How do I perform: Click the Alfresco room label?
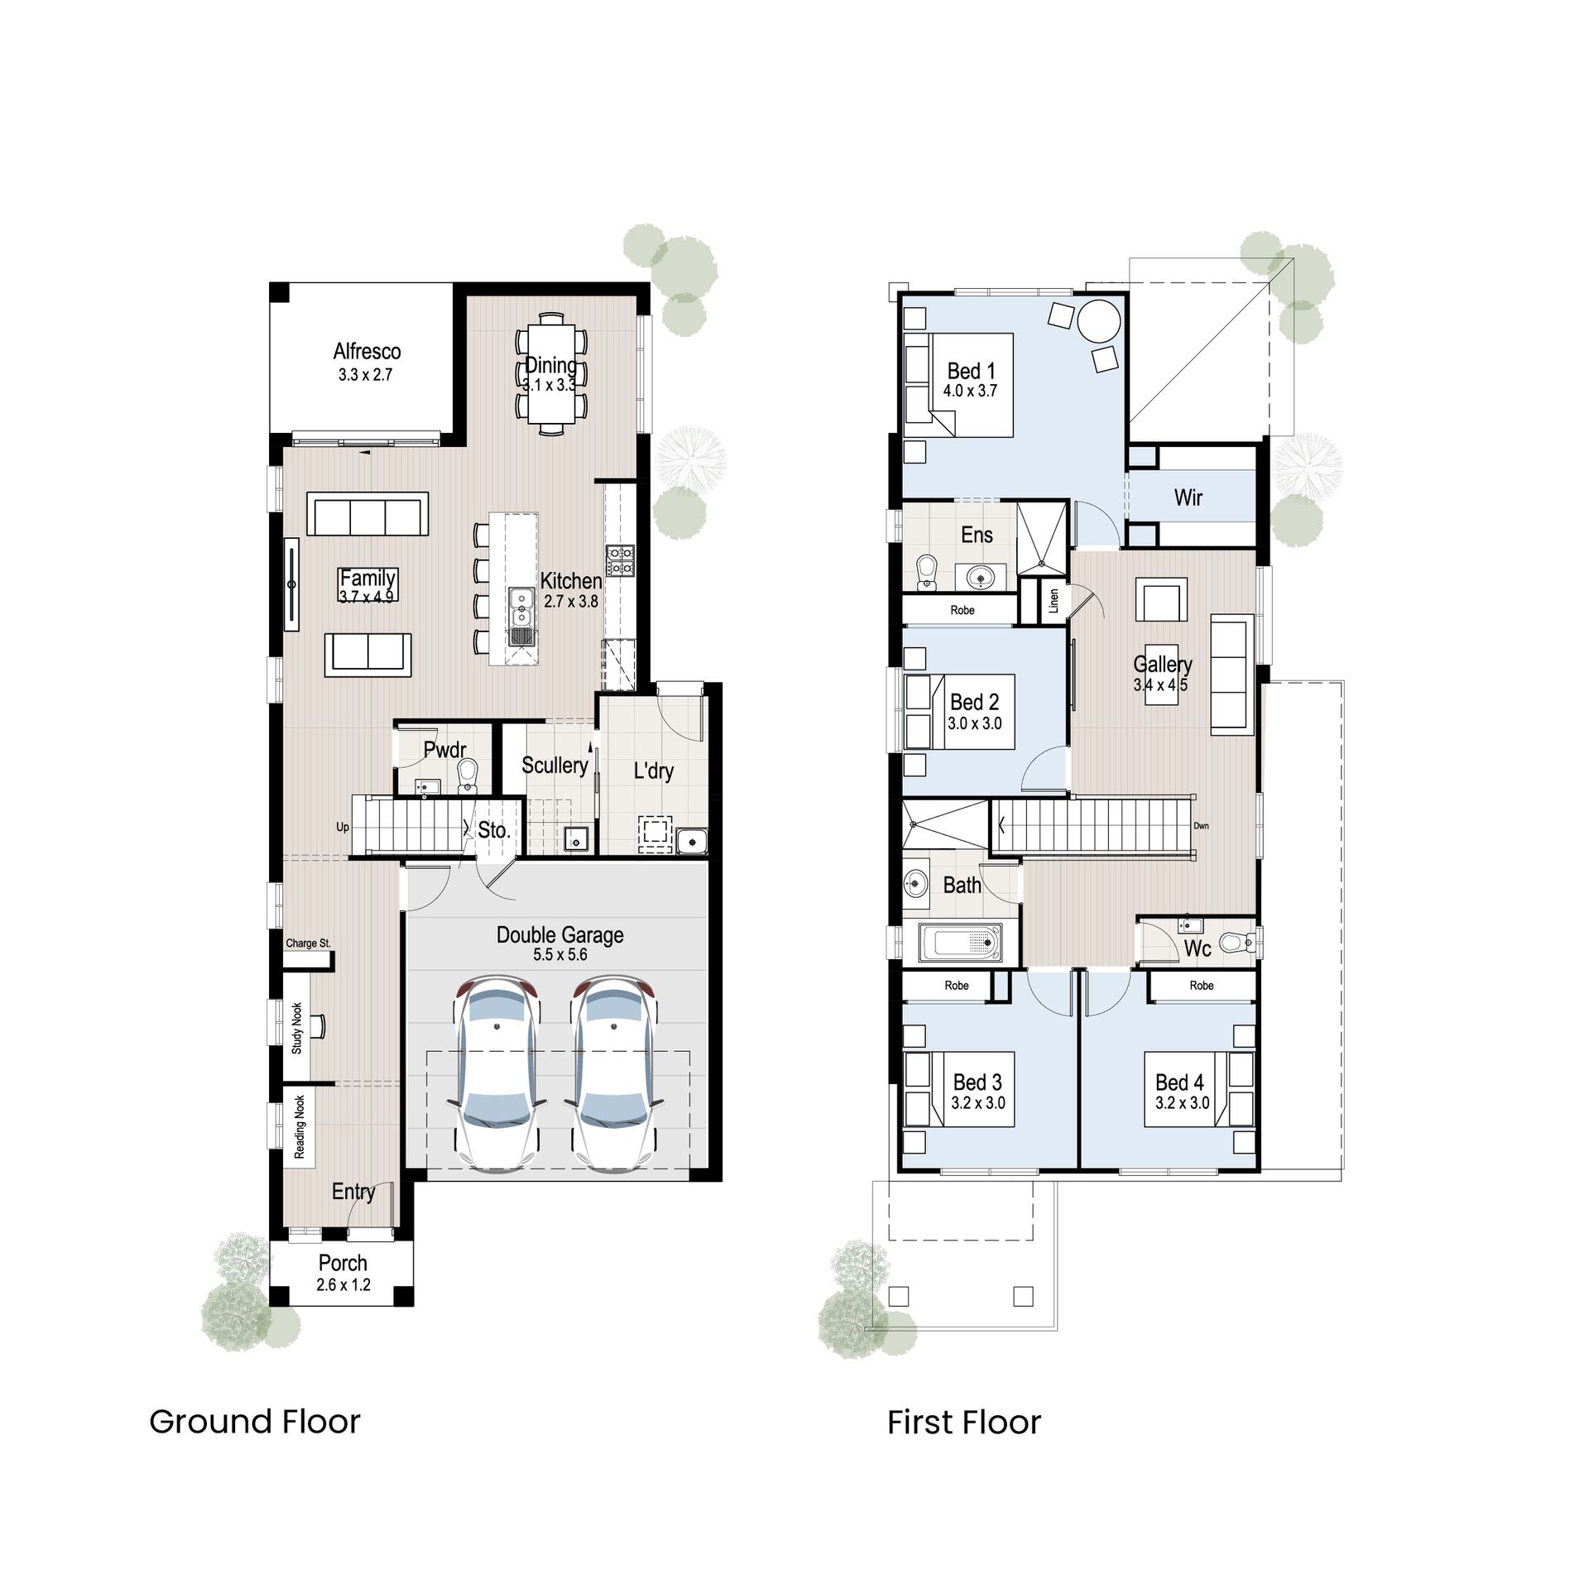[367, 351]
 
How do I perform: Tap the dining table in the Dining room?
[551, 373]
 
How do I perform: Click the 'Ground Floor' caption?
[254, 1422]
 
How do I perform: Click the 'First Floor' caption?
[963, 1423]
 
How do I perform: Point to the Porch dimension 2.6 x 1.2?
[343, 1285]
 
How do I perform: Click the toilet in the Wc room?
[1239, 942]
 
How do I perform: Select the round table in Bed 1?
[1099, 321]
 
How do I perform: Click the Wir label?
[1188, 497]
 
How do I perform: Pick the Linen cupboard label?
[1054, 600]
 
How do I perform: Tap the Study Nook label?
[297, 1028]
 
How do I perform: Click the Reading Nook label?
[300, 1127]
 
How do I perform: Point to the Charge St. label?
[308, 943]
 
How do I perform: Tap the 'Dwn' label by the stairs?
[1201, 826]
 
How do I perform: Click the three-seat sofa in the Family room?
[367, 516]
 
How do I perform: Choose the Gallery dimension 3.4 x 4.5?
[1160, 685]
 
